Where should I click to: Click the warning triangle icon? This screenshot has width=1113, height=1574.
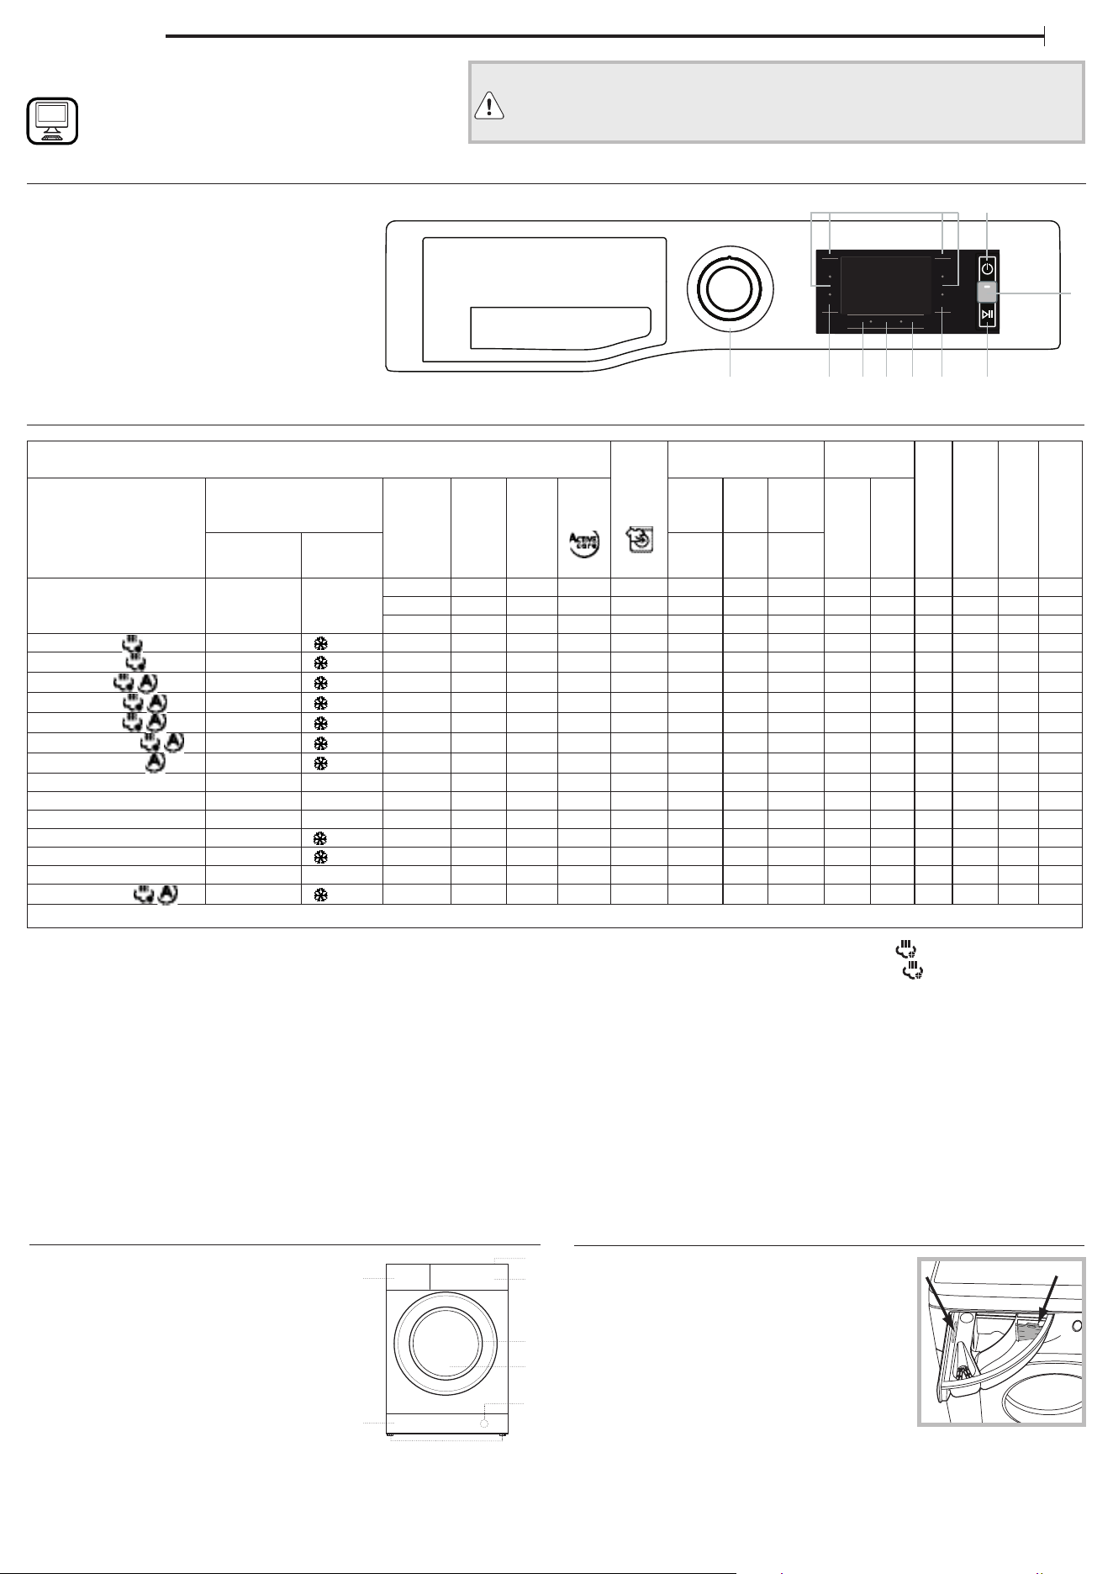point(488,105)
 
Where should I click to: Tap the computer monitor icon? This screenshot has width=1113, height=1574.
point(52,121)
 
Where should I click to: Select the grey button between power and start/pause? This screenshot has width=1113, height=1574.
point(988,291)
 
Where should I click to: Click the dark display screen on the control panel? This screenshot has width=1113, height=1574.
point(886,287)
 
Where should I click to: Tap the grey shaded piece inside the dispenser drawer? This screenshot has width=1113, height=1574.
point(1027,1330)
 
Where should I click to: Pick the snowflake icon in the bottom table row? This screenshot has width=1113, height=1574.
point(320,895)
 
